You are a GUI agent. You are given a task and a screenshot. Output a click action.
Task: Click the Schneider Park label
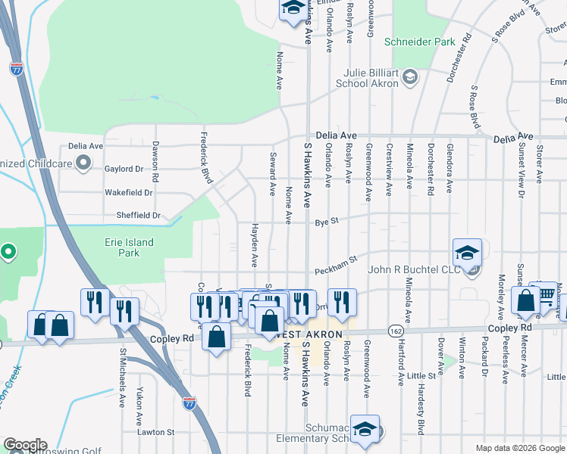419,42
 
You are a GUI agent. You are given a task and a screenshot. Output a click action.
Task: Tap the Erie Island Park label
129,247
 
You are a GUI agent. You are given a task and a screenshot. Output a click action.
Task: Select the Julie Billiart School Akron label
360,78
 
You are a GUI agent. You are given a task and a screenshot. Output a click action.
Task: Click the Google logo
24,445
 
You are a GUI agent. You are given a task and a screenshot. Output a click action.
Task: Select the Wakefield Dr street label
129,192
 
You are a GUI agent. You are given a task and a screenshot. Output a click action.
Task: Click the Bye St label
327,222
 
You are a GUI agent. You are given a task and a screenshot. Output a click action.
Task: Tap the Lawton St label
155,432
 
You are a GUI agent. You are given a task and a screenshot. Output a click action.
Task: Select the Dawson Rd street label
155,162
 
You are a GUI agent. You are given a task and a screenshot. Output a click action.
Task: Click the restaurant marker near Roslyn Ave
342,303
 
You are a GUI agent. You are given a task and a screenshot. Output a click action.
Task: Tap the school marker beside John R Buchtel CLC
468,252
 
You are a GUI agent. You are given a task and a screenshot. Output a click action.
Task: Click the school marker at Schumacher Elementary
365,428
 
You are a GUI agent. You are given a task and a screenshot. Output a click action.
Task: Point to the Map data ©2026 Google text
520,448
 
